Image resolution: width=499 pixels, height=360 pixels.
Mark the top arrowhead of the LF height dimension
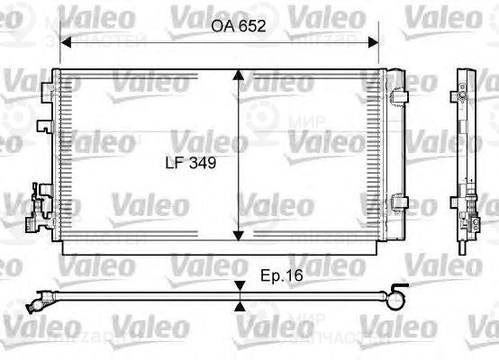tap(238, 76)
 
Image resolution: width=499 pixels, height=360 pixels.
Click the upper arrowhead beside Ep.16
tap(240, 286)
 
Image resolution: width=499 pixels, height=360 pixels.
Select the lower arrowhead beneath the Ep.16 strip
tap(240, 306)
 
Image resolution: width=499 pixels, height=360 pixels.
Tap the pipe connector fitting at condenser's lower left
tap(34, 216)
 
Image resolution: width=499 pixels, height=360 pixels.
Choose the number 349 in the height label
tap(205, 164)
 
